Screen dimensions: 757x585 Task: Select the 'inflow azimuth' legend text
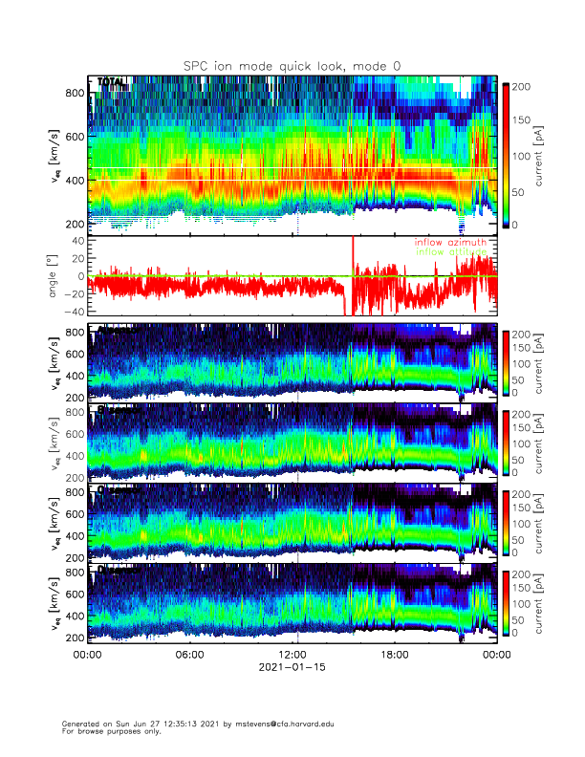[449, 243]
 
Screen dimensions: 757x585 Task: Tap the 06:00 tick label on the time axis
[189, 656]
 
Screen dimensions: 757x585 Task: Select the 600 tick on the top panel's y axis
[74, 136]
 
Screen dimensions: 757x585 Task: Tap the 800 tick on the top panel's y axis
[74, 92]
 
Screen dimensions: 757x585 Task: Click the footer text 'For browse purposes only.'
[109, 731]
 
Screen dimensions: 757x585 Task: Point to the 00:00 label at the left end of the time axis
[87, 656]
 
